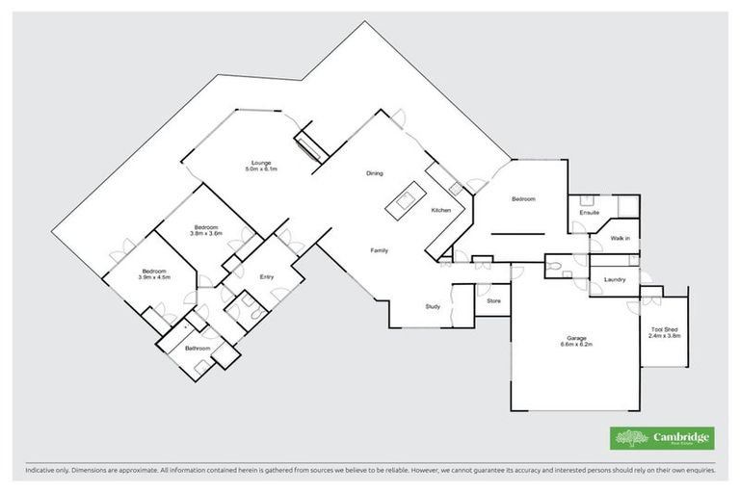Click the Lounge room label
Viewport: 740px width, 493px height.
[259, 162]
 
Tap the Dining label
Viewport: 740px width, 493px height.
[375, 173]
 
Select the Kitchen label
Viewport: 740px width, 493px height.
[441, 210]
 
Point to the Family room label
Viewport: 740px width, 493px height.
[380, 250]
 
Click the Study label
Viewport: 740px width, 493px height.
[433, 306]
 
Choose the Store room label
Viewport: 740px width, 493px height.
[493, 301]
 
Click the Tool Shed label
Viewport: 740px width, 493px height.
[665, 329]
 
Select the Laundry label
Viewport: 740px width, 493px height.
[615, 279]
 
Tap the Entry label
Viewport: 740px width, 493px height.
[268, 277]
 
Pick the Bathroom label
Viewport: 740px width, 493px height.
[184, 348]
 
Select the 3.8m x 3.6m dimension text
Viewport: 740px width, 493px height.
[205, 233]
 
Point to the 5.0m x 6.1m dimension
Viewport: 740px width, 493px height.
[260, 169]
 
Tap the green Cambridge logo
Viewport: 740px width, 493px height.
[662, 438]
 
